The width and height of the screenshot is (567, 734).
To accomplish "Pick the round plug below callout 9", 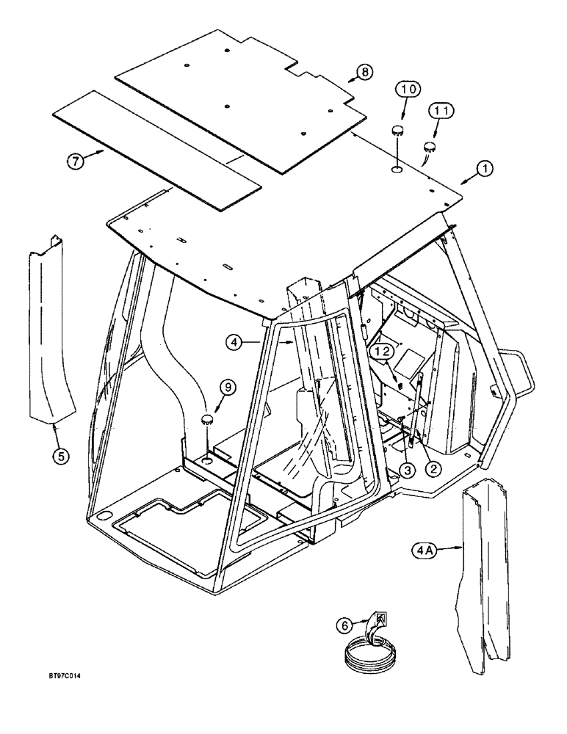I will (207, 420).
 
